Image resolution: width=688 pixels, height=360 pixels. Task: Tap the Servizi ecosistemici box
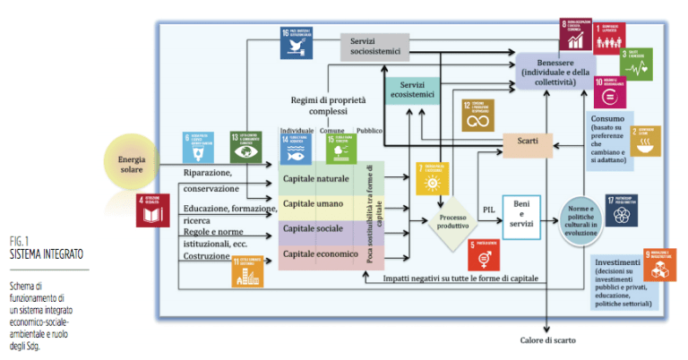click(x=411, y=90)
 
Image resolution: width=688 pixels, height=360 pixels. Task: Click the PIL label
click(x=489, y=208)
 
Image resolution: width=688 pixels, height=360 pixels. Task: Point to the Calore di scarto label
click(x=548, y=339)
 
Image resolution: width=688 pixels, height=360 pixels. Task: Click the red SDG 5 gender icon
click(x=484, y=254)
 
